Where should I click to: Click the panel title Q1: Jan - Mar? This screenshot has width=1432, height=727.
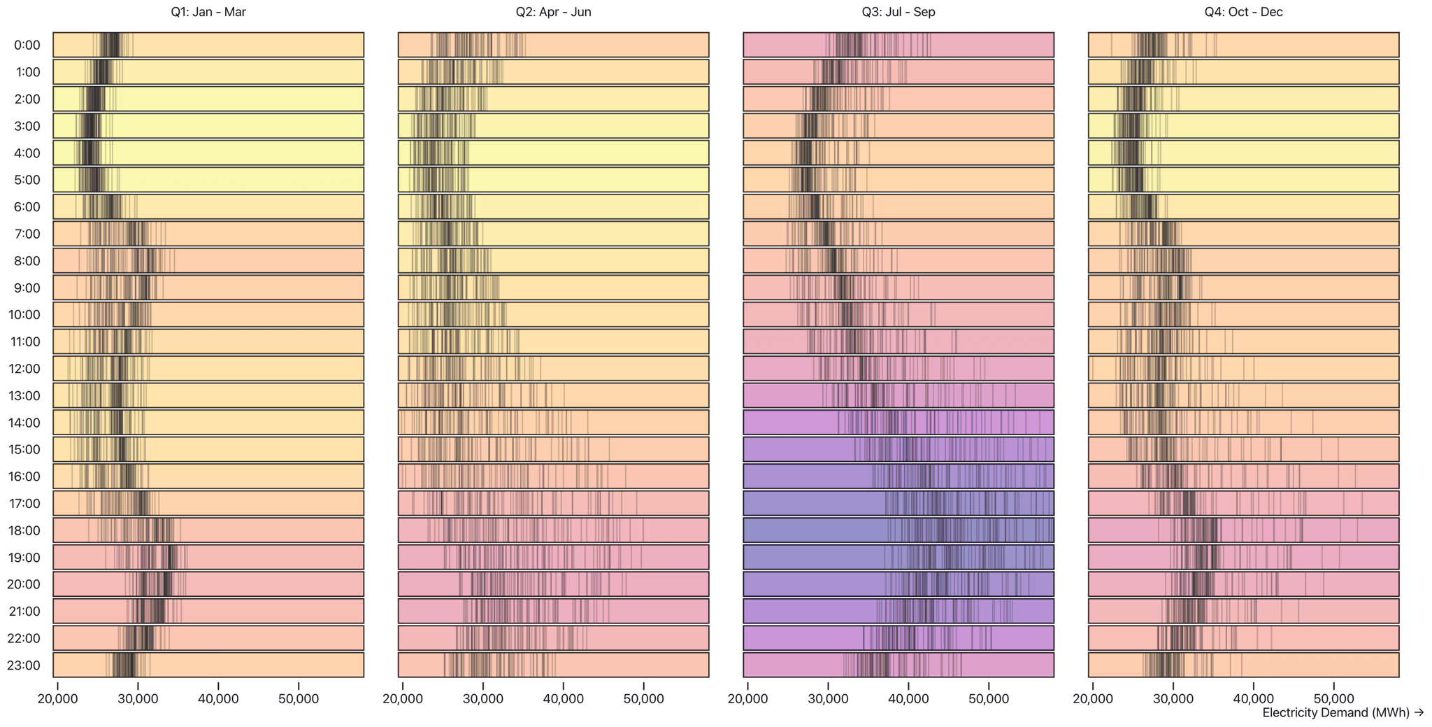click(x=208, y=12)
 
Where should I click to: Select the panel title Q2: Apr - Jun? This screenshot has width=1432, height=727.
click(x=553, y=12)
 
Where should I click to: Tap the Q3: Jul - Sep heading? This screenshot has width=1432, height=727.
click(x=898, y=12)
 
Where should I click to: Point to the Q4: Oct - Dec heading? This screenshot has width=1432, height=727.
click(x=1243, y=12)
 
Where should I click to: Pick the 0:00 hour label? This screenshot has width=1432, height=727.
click(x=27, y=45)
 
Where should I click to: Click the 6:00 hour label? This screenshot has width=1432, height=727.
click(x=27, y=207)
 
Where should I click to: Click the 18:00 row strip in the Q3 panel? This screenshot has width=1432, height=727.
click(x=898, y=530)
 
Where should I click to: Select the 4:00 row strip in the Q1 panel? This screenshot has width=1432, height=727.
click(x=208, y=153)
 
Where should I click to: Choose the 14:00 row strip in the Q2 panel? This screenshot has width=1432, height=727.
click(x=553, y=423)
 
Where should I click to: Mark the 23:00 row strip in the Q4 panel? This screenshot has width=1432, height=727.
click(x=1243, y=665)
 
